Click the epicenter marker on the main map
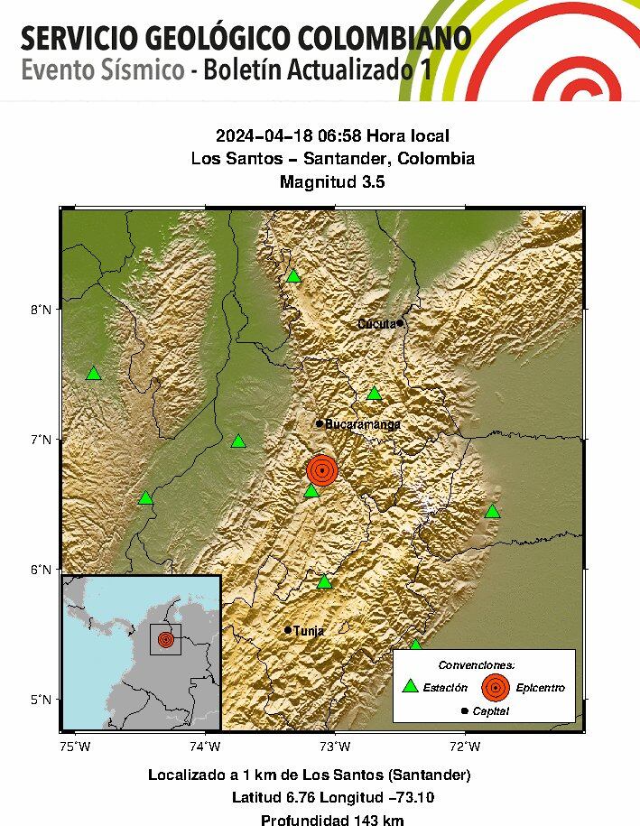click(322, 470)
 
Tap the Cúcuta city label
click(376, 323)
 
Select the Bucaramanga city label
click(363, 423)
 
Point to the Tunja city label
click(309, 631)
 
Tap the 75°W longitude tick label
click(75, 746)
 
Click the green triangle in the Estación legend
click(411, 686)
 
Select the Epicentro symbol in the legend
click(494, 687)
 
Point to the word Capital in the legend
click(490, 711)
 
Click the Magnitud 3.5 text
click(332, 181)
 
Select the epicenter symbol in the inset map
click(165, 639)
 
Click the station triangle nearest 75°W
click(93, 374)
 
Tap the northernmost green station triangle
click(293, 275)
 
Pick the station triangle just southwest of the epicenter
click(311, 490)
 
